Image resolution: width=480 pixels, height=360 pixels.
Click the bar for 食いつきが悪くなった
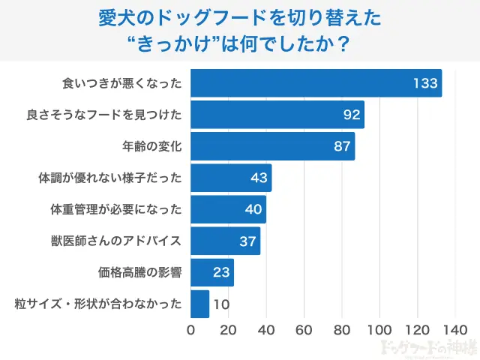click(x=315, y=83)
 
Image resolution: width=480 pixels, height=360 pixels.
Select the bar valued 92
click(x=277, y=115)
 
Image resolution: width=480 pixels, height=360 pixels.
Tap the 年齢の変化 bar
click(x=272, y=147)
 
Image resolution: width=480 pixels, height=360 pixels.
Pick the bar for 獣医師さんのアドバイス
click(x=225, y=241)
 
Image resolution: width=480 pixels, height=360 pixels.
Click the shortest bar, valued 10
click(x=199, y=304)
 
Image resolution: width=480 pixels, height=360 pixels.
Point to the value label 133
click(x=425, y=83)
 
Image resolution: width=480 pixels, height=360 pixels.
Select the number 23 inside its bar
click(x=220, y=273)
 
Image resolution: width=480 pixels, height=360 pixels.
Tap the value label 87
click(x=342, y=147)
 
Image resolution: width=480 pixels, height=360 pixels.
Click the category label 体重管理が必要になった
click(x=109, y=210)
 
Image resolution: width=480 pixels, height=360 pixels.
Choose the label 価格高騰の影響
click(x=139, y=273)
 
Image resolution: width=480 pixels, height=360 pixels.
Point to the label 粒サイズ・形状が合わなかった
click(x=98, y=304)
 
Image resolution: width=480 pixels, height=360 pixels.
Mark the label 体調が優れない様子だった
click(x=109, y=178)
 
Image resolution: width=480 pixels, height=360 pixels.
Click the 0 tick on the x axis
click(x=190, y=330)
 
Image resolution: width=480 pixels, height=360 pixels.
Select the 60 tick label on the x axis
click(x=304, y=330)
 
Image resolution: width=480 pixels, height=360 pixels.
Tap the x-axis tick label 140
click(x=455, y=330)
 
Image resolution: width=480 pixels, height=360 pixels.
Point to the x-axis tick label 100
click(x=379, y=330)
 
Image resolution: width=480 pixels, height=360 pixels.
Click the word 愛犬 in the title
click(x=113, y=17)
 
